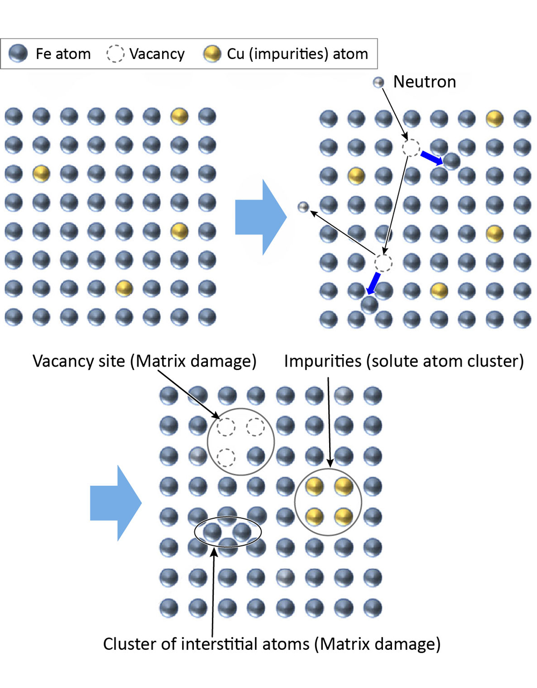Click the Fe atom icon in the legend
(18, 54)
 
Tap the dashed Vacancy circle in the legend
(115, 54)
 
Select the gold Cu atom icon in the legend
(212, 54)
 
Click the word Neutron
(424, 82)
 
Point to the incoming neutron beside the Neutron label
(379, 82)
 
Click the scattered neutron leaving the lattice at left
(303, 207)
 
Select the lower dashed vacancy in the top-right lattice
(383, 263)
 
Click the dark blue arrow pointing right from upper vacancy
(432, 158)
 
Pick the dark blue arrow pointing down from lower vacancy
(373, 283)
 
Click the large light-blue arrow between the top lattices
(261, 217)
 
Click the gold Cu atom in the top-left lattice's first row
(179, 116)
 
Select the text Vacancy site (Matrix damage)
(144, 361)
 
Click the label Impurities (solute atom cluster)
(404, 361)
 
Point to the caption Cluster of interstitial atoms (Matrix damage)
(272, 643)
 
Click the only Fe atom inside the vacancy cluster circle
(256, 457)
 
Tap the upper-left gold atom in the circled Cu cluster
(314, 487)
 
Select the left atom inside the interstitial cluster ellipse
(212, 532)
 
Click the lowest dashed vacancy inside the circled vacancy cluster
(226, 457)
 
